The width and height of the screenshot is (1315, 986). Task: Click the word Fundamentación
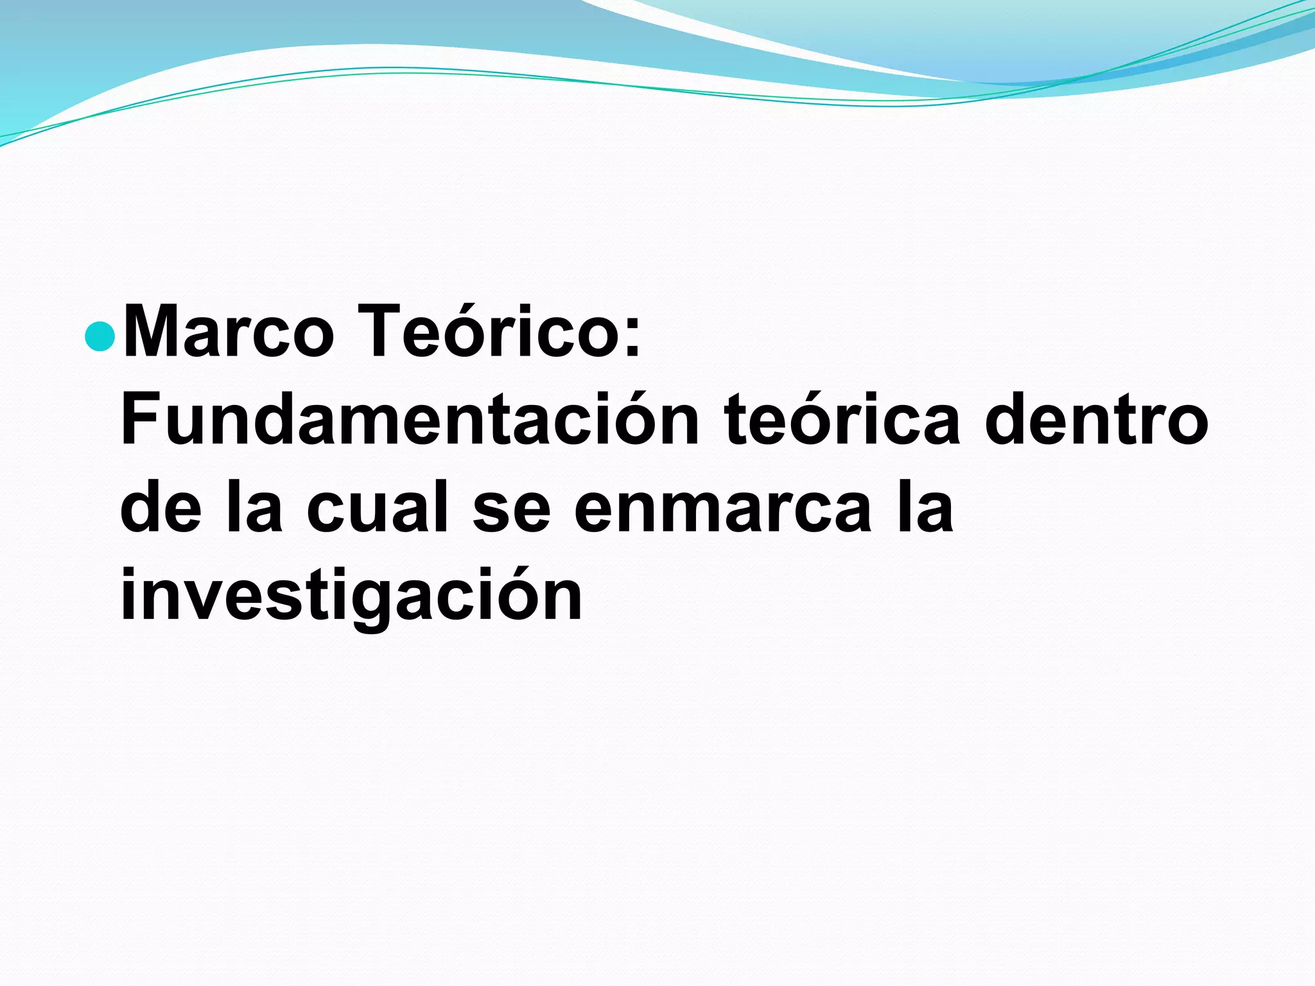tap(410, 420)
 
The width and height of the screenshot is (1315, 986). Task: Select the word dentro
tap(1096, 420)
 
